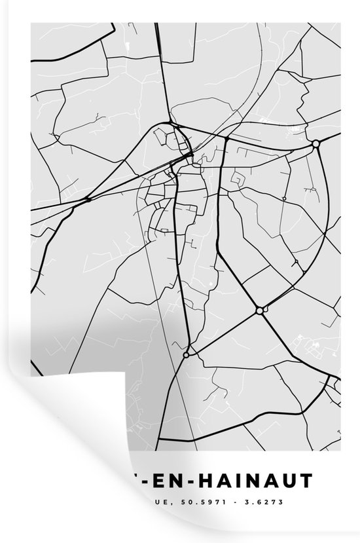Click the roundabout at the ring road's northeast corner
tap(315, 143)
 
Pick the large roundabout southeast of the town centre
tap(260, 310)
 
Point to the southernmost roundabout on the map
tap(187, 354)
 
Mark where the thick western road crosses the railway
tap(88, 200)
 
